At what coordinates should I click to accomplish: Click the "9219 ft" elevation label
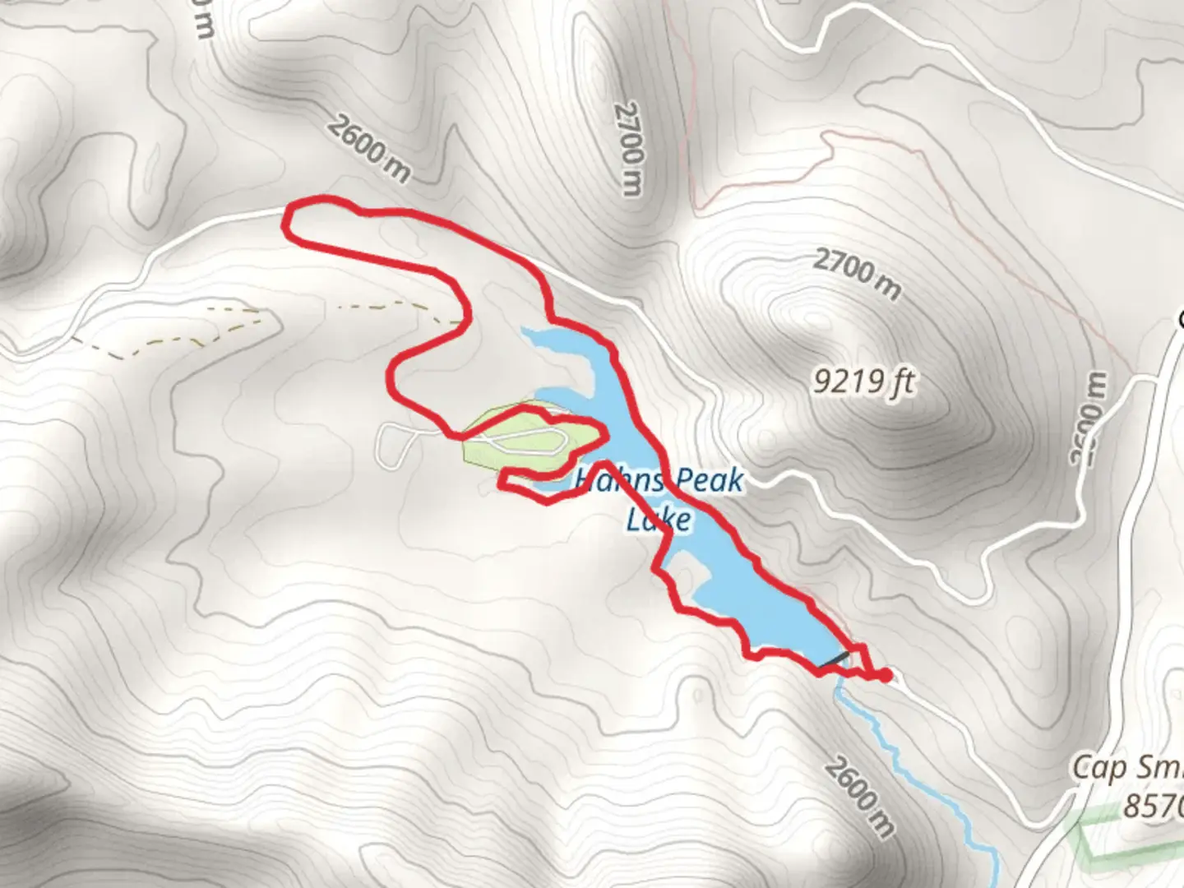(864, 382)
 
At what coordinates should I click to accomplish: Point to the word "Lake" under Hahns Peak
(658, 520)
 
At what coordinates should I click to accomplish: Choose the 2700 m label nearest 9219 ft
(857, 275)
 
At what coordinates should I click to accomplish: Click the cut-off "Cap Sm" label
(1126, 769)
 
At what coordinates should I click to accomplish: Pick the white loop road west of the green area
(393, 445)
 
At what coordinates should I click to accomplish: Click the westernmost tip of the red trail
(285, 224)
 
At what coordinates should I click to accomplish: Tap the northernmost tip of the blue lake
(526, 331)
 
